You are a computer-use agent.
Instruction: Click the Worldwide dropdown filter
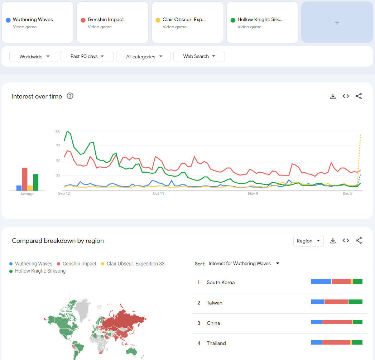tap(34, 57)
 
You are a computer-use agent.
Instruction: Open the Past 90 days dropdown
tap(87, 57)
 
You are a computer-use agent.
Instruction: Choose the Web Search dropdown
tap(199, 56)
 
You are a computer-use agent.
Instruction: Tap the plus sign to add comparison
tap(337, 23)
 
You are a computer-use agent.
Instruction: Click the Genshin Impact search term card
tap(112, 23)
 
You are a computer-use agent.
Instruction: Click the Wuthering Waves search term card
tap(37, 23)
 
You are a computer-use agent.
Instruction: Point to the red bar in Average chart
tap(25, 179)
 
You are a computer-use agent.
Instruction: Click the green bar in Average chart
tap(36, 182)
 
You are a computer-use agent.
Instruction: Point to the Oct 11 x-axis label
tap(158, 193)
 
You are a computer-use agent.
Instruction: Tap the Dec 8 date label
tap(347, 193)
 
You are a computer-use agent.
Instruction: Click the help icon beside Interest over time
tap(70, 96)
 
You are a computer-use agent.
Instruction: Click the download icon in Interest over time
tap(333, 96)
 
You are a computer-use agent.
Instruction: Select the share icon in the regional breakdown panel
tap(359, 240)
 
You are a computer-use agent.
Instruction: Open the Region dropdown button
tap(308, 241)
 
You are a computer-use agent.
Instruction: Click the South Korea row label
tap(221, 282)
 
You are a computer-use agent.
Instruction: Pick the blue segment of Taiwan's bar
tap(317, 302)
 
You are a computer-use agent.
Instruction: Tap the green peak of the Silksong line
tap(67, 131)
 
